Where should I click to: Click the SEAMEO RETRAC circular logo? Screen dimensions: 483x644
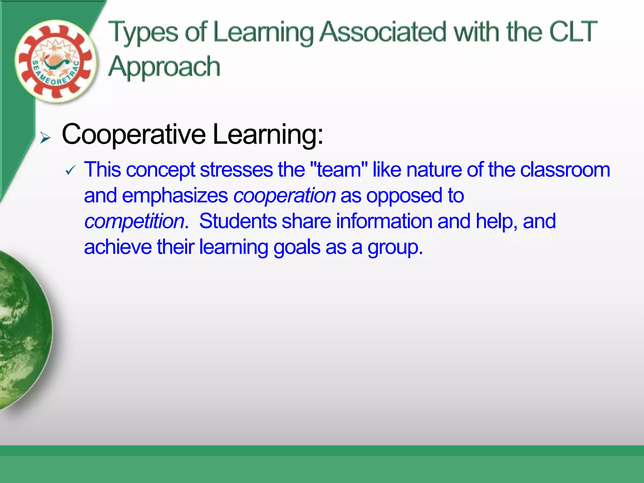(x=56, y=61)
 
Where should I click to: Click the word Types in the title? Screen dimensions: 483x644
(x=143, y=32)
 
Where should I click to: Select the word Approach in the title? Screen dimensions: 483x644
(x=164, y=67)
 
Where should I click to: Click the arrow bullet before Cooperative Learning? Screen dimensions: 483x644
(x=45, y=138)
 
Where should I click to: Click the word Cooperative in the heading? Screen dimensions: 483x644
(x=134, y=134)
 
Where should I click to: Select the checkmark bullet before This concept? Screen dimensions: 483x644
(x=70, y=170)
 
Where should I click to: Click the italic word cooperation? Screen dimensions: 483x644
(x=285, y=196)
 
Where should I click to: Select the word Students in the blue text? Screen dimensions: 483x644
(x=238, y=221)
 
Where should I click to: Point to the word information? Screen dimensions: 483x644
(x=384, y=221)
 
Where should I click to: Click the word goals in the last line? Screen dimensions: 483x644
(x=297, y=247)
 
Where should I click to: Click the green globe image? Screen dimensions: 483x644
(x=24, y=330)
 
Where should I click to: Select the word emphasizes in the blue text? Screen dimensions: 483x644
(x=175, y=196)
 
